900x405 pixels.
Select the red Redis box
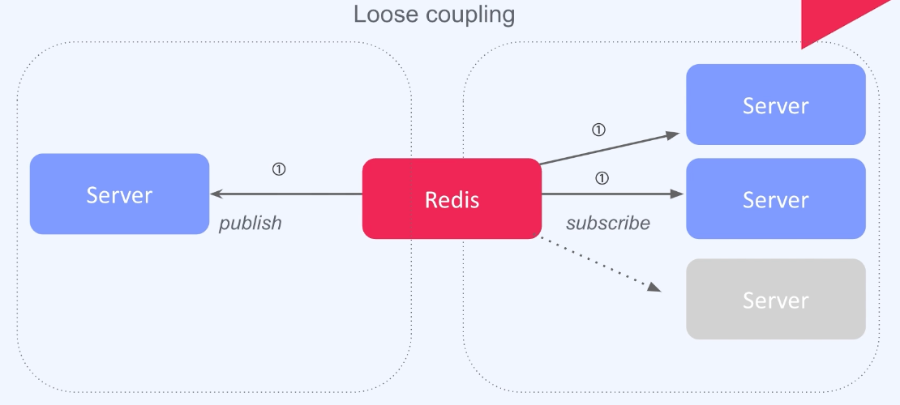point(452,198)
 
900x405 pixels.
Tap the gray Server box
point(776,299)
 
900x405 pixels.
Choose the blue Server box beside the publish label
point(119,194)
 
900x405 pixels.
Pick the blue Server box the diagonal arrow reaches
point(776,104)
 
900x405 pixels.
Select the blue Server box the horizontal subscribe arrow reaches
point(776,198)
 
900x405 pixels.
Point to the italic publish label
point(251,224)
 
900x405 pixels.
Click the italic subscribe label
point(608,224)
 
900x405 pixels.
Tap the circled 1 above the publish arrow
point(279,169)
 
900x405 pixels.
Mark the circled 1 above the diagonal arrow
point(598,129)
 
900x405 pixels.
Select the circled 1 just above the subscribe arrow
point(602,178)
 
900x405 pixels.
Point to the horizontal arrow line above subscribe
point(608,194)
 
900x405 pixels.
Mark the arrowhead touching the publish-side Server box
point(216,194)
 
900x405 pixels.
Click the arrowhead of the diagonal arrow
point(673,135)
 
